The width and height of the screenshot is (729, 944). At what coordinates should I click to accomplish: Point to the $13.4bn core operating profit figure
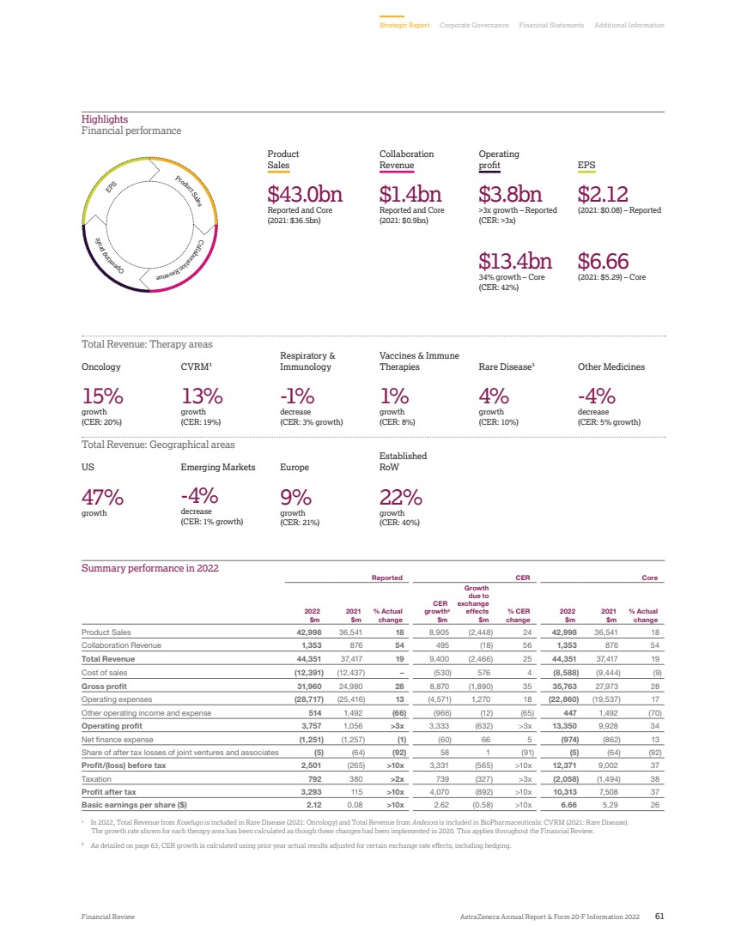[514, 260]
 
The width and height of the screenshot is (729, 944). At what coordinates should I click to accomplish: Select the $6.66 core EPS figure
[604, 260]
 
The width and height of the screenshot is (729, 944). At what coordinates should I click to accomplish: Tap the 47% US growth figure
[102, 497]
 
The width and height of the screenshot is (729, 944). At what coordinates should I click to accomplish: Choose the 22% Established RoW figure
[400, 497]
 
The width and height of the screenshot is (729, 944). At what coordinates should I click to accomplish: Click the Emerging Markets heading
[218, 468]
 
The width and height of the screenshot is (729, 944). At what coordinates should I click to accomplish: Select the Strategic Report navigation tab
[404, 26]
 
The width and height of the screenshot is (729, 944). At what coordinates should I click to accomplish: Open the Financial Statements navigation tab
[551, 26]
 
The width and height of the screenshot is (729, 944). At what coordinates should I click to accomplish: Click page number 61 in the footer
[659, 917]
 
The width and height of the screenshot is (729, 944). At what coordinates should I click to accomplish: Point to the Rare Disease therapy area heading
[507, 366]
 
